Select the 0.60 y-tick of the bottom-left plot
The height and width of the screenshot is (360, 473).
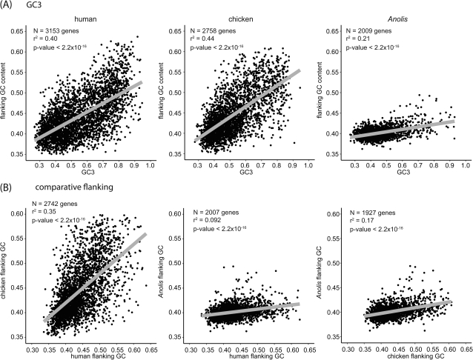[16, 214]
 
